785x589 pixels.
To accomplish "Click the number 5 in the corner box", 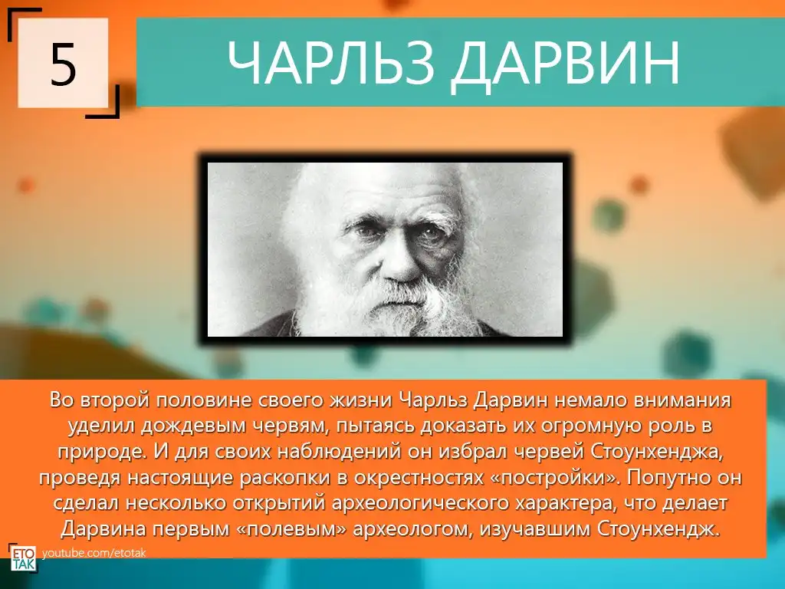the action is click(x=63, y=64).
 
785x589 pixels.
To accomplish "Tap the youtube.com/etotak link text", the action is click(x=94, y=554).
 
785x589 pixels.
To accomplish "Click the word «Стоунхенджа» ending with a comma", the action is click(x=657, y=452).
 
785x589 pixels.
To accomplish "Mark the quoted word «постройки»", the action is click(x=552, y=478).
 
